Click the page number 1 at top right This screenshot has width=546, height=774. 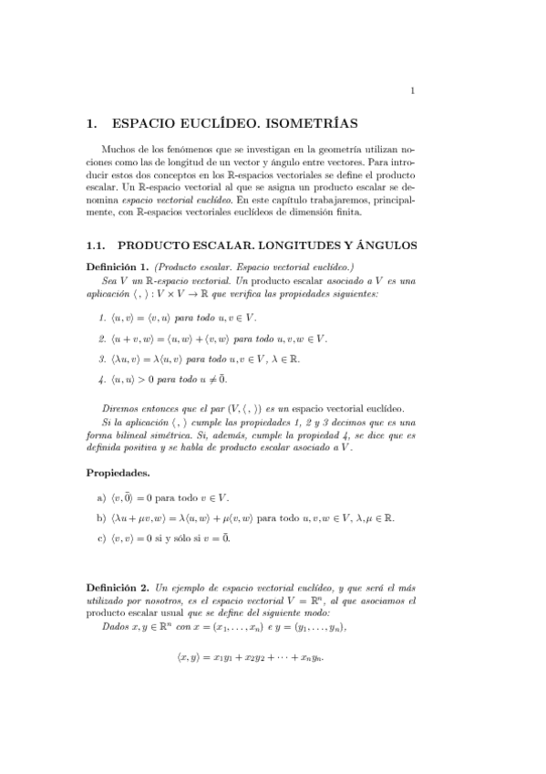(x=413, y=89)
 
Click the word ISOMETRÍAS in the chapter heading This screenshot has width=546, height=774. (x=308, y=121)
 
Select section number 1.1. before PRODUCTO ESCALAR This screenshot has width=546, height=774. (x=97, y=246)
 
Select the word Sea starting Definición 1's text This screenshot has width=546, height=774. (x=110, y=281)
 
